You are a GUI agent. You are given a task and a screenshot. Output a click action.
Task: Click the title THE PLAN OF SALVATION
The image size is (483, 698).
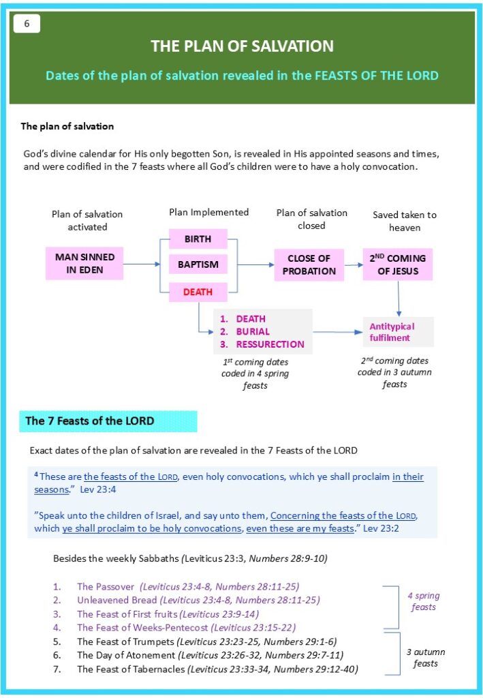point(242,46)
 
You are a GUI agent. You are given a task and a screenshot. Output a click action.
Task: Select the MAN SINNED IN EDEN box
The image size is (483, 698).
point(84,264)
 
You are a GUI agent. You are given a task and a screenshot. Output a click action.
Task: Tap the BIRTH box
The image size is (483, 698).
point(198,239)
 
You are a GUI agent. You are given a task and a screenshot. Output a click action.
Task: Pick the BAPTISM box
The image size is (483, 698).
point(198,264)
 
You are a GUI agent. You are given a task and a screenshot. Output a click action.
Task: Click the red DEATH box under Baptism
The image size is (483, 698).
point(198,292)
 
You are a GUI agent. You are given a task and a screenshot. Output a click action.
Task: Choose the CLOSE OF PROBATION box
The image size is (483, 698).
point(309,264)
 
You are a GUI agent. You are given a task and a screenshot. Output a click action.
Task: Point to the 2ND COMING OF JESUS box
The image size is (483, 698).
point(397,264)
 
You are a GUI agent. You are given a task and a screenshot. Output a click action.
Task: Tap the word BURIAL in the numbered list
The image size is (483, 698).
point(253,332)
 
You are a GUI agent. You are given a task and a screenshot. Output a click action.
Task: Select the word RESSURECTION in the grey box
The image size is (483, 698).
point(270,344)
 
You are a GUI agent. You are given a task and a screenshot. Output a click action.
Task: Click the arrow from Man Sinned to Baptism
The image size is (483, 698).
point(146,264)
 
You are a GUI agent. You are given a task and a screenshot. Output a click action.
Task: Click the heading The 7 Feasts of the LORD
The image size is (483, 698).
point(90,421)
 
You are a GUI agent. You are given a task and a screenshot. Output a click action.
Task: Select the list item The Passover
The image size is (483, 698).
point(107,586)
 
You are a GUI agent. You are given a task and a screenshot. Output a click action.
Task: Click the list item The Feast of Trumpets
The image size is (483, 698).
point(126,641)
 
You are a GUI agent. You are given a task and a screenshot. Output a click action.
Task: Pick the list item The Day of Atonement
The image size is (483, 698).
point(125,655)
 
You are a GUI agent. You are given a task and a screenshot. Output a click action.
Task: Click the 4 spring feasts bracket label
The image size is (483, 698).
point(424,601)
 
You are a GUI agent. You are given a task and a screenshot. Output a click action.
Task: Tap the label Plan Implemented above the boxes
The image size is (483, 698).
point(208,213)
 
